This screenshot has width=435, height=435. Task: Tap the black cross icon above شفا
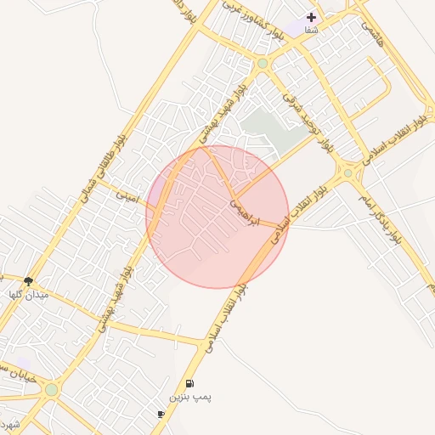tap(311, 16)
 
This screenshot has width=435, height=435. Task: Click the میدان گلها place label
tap(29, 294)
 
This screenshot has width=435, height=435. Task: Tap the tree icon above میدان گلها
tap(29, 281)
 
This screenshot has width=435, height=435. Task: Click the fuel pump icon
tap(189, 384)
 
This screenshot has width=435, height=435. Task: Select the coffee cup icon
tap(161, 414)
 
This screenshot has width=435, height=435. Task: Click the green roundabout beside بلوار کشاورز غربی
tap(263, 64)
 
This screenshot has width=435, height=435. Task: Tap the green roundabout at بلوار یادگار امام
tap(348, 173)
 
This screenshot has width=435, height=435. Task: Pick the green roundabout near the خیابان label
tap(52, 390)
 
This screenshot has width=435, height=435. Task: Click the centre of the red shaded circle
tap(217, 217)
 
